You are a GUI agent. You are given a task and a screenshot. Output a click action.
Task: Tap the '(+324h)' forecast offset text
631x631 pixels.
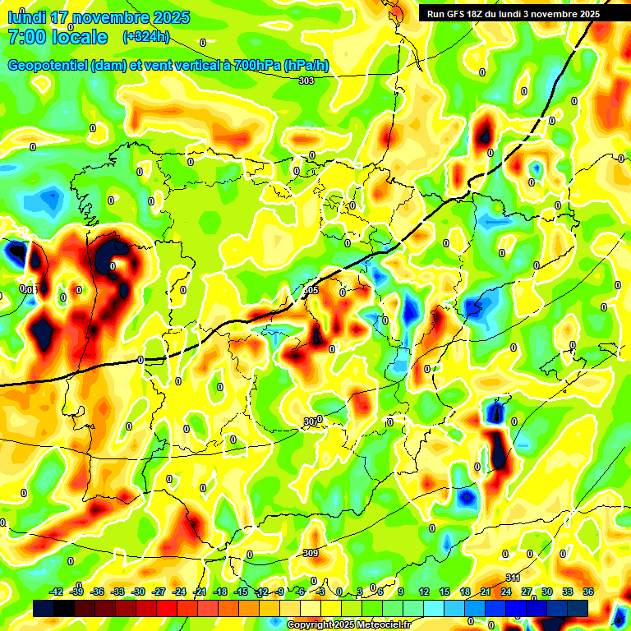click(x=146, y=36)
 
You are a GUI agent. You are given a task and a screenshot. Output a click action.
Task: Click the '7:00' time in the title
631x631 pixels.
click(x=25, y=37)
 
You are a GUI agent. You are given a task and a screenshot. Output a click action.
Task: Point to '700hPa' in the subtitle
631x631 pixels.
click(x=257, y=66)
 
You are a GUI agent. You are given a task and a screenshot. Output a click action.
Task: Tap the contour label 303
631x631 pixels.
click(x=306, y=81)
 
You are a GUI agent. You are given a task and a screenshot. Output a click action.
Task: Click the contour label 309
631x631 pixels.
click(x=310, y=553)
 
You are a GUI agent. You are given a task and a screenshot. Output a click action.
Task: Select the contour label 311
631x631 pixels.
click(x=513, y=578)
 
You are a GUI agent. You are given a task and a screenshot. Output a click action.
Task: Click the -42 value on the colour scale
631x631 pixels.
click(x=57, y=592)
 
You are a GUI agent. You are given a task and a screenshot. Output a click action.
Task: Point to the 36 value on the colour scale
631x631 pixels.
click(x=588, y=592)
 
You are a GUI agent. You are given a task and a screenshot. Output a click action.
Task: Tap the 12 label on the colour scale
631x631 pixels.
click(x=424, y=592)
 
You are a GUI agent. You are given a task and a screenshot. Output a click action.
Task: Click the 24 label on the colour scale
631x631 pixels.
click(x=506, y=592)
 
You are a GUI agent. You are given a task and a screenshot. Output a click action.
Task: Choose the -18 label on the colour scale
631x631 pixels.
click(x=220, y=592)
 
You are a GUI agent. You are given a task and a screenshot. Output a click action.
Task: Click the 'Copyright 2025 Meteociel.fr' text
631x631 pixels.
click(x=348, y=624)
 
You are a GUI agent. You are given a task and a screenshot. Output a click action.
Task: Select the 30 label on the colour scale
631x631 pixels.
click(x=547, y=592)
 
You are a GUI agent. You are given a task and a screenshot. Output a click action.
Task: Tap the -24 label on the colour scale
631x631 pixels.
click(x=179, y=592)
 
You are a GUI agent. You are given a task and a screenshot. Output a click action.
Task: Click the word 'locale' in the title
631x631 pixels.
click(x=79, y=37)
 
